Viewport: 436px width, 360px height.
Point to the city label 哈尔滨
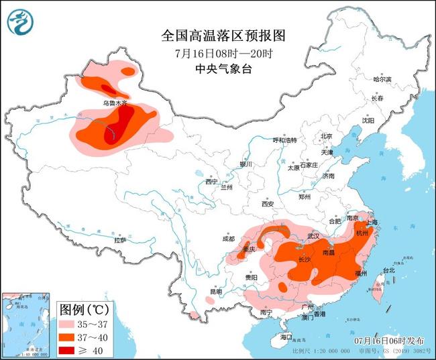382,79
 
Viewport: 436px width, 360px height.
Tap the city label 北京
327,136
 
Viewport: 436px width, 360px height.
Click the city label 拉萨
120,239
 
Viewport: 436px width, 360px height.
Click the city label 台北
389,270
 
